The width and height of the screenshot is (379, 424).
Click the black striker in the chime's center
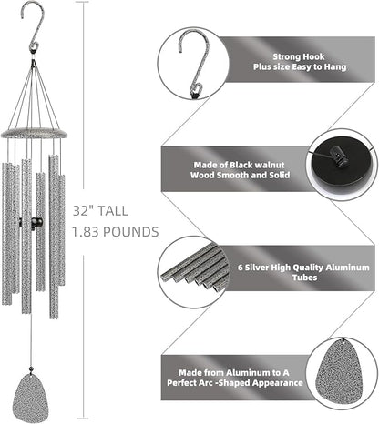click(x=36, y=223)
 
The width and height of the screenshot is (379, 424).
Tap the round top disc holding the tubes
click(x=36, y=132)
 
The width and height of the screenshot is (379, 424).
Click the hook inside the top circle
click(x=192, y=61)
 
